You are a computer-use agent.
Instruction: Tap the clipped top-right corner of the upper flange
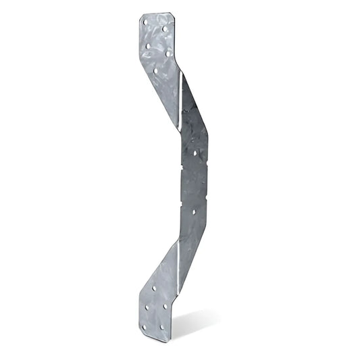click(173, 18)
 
